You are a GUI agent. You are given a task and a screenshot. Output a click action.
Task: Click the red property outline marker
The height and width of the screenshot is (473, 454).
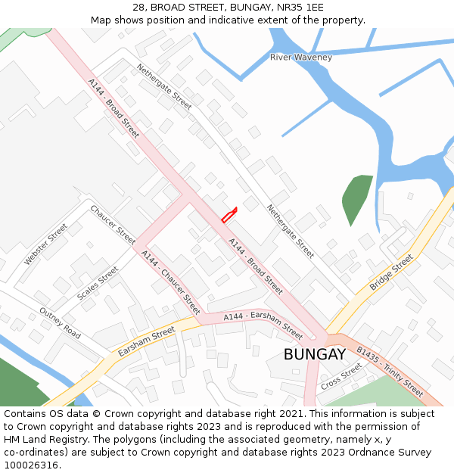(229, 215)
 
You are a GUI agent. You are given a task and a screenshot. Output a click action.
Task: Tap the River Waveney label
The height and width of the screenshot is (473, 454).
(301, 58)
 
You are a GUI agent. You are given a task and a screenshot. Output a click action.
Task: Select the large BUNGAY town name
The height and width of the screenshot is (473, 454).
(315, 354)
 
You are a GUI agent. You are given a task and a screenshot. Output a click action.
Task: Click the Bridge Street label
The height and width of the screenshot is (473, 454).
(391, 272)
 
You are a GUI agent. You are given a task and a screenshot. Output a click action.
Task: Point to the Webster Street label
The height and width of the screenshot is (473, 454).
(45, 244)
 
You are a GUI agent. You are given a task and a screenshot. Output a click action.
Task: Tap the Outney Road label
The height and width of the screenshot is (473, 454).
(60, 323)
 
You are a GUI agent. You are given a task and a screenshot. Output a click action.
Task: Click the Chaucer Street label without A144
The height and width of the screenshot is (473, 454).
(113, 225)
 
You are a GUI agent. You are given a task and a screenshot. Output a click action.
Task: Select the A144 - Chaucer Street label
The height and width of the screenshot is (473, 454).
(171, 282)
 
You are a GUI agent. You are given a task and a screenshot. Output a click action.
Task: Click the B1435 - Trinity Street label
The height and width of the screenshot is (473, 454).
(390, 372)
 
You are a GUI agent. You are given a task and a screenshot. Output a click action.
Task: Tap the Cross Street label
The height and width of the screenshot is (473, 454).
(341, 376)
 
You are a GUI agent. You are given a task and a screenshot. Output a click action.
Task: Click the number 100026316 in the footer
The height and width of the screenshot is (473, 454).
(31, 465)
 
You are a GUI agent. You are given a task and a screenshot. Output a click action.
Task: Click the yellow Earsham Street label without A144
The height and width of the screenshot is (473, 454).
(146, 342)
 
